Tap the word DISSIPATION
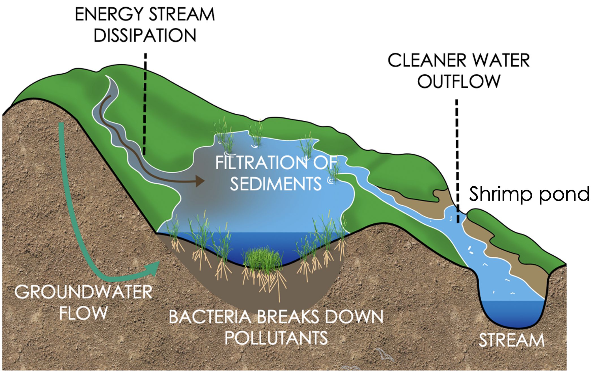pos(145,36)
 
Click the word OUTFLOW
pos(459,81)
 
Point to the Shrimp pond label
pos(529,194)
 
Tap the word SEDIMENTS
pos(276,184)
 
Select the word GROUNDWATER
pos(83,292)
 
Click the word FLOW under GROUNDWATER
pos(83,313)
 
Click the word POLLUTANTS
pos(276,338)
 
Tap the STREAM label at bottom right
pos(511,340)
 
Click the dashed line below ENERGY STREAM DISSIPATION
pos(145,105)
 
